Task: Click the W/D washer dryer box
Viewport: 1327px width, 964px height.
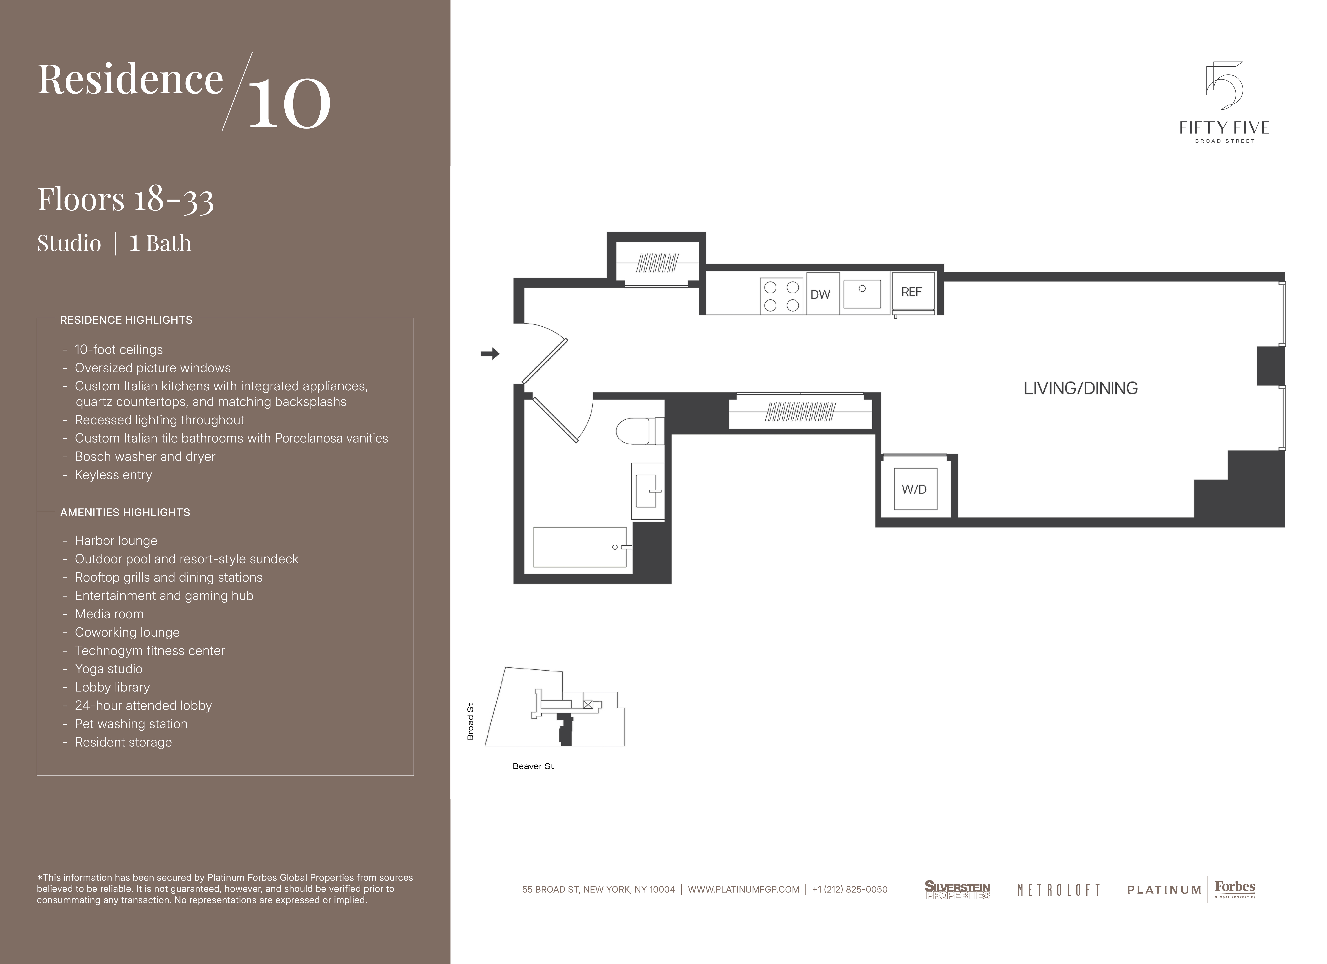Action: pyautogui.click(x=915, y=489)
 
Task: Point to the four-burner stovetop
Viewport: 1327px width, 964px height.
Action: pyautogui.click(x=782, y=296)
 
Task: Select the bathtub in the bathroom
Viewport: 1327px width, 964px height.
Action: pyautogui.click(x=580, y=547)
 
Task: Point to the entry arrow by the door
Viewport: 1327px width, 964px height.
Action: pyautogui.click(x=490, y=353)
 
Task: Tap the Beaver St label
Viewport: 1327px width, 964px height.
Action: pyautogui.click(x=533, y=766)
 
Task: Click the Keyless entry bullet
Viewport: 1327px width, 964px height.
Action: pyautogui.click(x=113, y=475)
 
